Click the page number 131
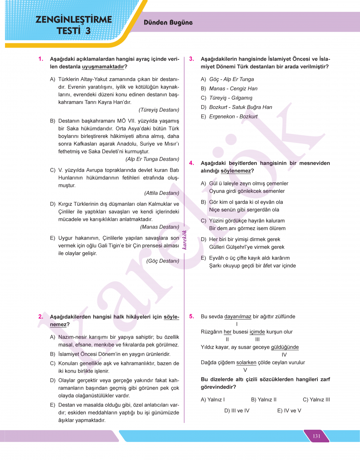pyautogui.click(x=316, y=436)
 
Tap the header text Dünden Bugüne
pyautogui.click(x=168, y=23)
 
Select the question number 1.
pyautogui.click(x=40, y=59)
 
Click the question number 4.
pyautogui.click(x=191, y=163)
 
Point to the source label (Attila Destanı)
pyautogui.click(x=161, y=193)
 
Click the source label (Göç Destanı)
pyautogui.click(x=163, y=261)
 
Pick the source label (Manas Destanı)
pyautogui.click(x=160, y=227)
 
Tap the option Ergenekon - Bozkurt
pyautogui.click(x=233, y=117)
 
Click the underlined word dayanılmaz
pyautogui.click(x=238, y=317)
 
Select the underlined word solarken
pyautogui.click(x=246, y=362)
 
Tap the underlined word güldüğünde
pyautogui.click(x=284, y=347)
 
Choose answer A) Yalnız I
pyautogui.click(x=213, y=399)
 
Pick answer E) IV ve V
pyautogui.click(x=289, y=411)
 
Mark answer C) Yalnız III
pyautogui.click(x=316, y=399)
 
